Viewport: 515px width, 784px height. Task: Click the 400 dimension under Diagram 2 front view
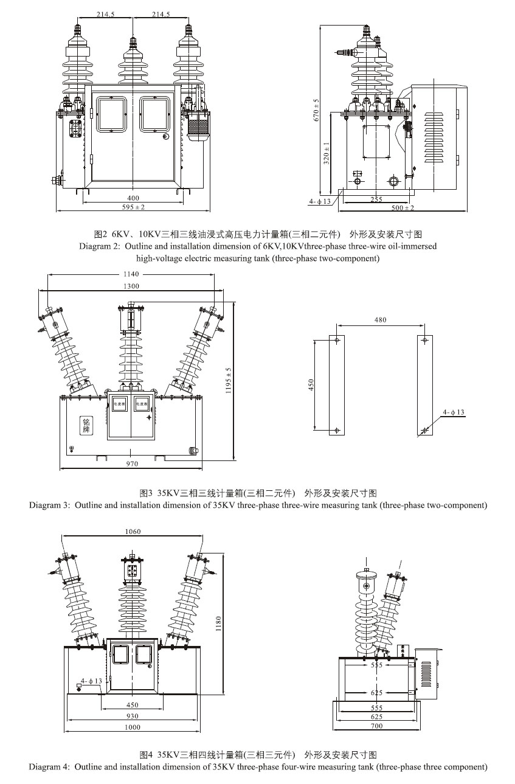tap(133, 198)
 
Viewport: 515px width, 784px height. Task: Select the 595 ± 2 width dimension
tap(133, 207)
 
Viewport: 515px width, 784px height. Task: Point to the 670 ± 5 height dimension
tap(316, 109)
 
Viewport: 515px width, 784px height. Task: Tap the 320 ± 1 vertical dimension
tap(327, 153)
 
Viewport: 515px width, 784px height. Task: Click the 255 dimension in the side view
tap(376, 199)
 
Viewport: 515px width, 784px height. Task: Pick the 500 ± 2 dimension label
tap(402, 208)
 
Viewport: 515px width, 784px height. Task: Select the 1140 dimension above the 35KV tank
tap(131, 274)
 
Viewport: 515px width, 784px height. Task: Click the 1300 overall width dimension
tap(131, 286)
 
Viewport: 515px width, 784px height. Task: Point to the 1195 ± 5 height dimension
tap(229, 381)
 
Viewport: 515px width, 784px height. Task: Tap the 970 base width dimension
tap(132, 464)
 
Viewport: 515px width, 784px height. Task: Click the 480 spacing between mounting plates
tap(380, 320)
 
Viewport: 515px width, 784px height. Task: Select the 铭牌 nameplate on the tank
tap(86, 425)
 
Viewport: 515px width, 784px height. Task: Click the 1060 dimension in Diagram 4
tap(133, 532)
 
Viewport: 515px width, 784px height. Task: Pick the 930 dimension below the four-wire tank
tap(133, 716)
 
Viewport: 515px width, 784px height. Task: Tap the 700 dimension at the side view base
tap(376, 726)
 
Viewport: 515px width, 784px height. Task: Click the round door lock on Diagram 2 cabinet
tap(165, 137)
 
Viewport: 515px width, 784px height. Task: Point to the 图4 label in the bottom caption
tap(147, 755)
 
